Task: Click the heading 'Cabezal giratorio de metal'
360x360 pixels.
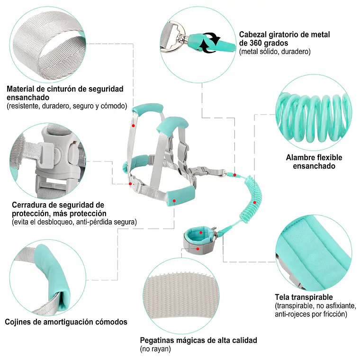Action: pos(285,35)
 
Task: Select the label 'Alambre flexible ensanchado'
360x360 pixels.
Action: pos(314,162)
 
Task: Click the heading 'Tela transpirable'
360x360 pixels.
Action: pos(304,297)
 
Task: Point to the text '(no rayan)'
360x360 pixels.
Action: pos(155,349)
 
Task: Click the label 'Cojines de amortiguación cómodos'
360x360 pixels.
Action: pos(66,322)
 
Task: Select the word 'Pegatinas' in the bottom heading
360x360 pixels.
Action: pos(158,340)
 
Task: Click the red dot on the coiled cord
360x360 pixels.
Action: pos(254,203)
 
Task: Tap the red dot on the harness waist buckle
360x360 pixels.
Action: pos(130,184)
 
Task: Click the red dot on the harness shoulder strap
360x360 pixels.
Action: pos(133,126)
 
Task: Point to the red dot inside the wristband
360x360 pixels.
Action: pos(201,233)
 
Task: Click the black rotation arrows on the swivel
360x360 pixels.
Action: pos(210,42)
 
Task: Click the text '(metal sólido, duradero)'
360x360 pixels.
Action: pos(275,52)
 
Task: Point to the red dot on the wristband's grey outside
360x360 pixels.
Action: pos(198,249)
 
